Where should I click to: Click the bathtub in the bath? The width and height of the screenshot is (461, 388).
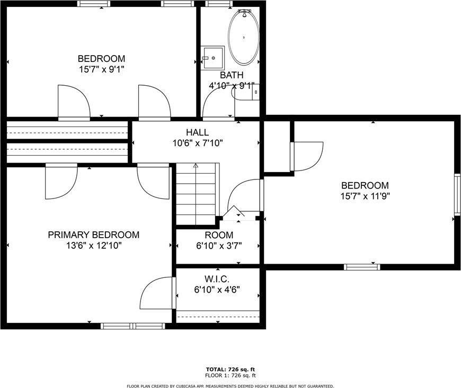coord(244,37)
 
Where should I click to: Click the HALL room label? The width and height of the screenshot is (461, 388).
coord(197,132)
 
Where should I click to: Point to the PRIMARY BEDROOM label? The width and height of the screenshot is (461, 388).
coord(94,234)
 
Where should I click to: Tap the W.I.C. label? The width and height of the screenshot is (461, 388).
coord(218,279)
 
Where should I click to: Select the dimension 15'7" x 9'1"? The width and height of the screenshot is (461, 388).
coord(101,68)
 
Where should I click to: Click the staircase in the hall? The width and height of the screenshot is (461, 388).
coord(196,193)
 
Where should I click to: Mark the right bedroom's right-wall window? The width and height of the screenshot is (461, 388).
coord(457,194)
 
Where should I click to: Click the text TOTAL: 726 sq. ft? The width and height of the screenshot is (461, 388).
coord(230,369)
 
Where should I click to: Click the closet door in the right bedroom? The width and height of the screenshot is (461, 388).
coord(307,156)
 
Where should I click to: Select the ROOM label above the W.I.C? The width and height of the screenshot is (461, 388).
coord(218,235)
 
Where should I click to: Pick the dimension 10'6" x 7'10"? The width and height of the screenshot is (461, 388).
coord(197,142)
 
